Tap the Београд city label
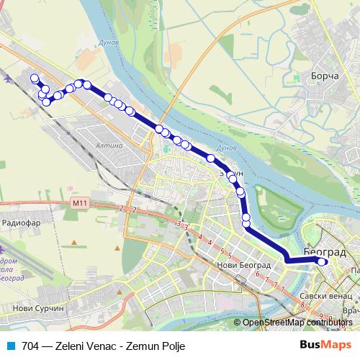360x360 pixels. tap(325, 252)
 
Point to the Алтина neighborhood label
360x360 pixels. tap(110, 145)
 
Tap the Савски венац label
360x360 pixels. tap(326, 295)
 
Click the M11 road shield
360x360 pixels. tap(79, 203)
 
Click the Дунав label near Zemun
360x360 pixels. tap(226, 148)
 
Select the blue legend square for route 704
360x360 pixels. tap(10, 346)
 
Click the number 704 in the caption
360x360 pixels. tap(30, 346)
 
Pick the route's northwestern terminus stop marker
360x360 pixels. tap(34, 78)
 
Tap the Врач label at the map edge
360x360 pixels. tap(351, 311)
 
